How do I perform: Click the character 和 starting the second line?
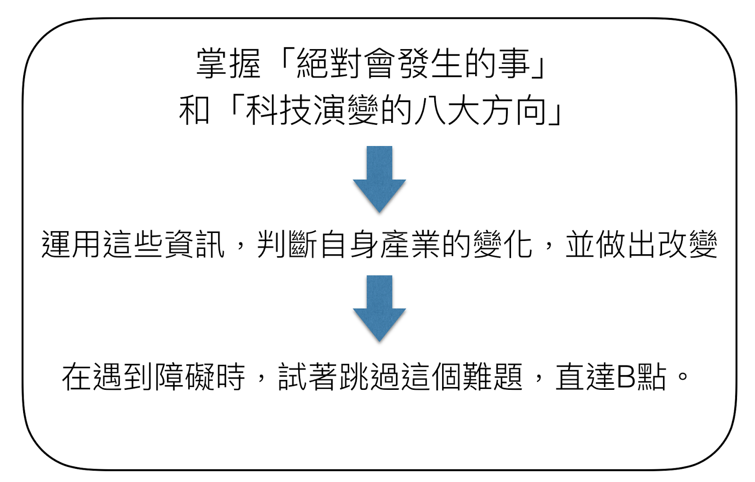pos(194,111)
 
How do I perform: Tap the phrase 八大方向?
pos(480,111)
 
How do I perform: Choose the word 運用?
pos(72,245)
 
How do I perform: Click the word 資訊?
pos(194,245)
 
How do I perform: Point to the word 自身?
pos(349,245)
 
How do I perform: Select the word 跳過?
pos(370,377)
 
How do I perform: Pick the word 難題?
pos(493,377)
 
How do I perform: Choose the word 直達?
pos(585,377)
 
